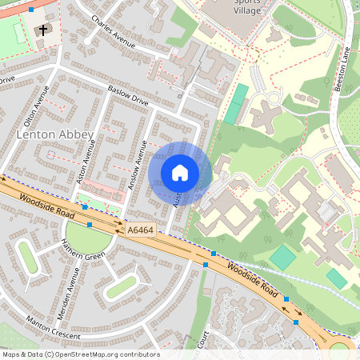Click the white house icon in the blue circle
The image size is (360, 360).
pos(180,172)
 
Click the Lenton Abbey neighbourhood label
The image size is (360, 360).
pos(55,135)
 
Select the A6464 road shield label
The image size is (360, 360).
pos(139,230)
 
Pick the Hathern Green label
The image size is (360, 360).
pos(83,256)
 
